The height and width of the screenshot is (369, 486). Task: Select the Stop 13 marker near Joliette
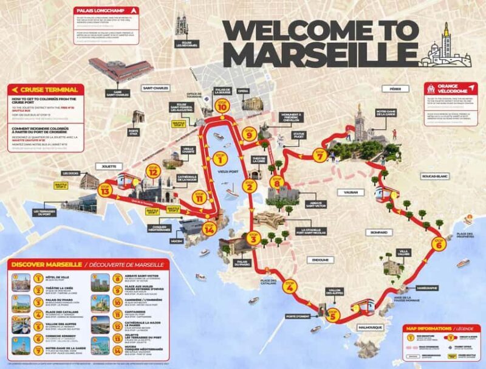[x=106, y=190]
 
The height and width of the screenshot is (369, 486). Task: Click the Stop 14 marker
[x=210, y=229]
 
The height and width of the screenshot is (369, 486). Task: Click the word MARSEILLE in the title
[x=312, y=53]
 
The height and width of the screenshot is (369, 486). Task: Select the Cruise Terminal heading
[x=42, y=88]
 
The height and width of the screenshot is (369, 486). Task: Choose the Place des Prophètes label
[x=465, y=235]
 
